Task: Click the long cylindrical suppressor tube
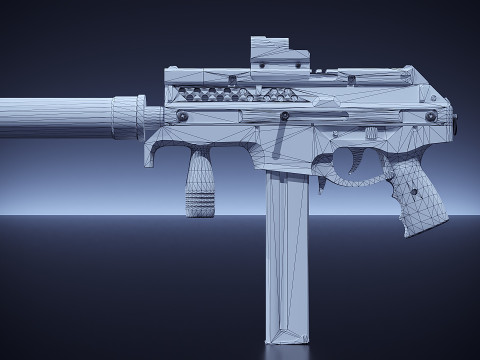point(55,117)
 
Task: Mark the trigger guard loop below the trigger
point(350,181)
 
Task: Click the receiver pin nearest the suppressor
point(182,117)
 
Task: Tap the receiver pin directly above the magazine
point(285,117)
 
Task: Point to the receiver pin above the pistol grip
point(431,117)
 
